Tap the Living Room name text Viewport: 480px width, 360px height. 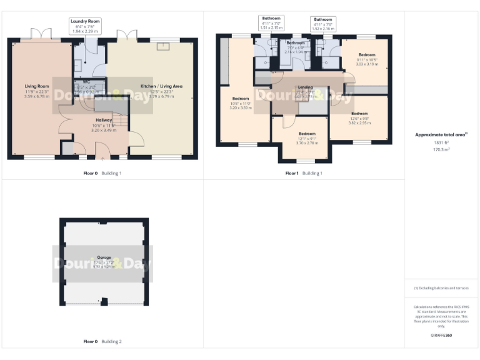(x=36, y=86)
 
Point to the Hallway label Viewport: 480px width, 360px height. (x=104, y=119)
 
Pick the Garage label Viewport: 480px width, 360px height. (x=104, y=257)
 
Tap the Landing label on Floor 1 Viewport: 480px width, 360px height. (x=306, y=87)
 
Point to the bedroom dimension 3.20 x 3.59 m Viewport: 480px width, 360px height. (x=241, y=107)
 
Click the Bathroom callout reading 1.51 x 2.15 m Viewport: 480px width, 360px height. (x=271, y=23)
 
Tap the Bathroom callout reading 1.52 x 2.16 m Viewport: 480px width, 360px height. (x=323, y=24)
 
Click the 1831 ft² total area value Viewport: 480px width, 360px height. (x=441, y=143)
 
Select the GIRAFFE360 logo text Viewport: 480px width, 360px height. (x=441, y=336)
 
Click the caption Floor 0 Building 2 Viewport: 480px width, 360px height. (x=102, y=342)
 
